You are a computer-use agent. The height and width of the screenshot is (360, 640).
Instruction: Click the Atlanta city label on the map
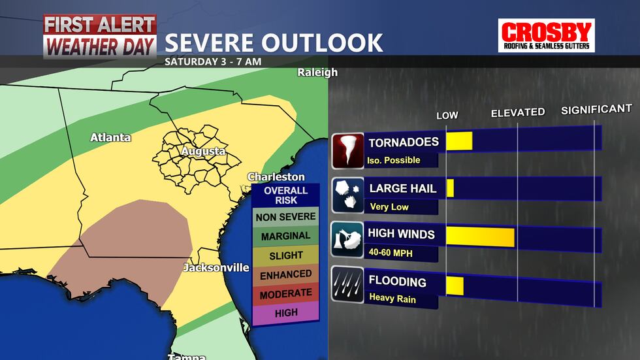[110, 137]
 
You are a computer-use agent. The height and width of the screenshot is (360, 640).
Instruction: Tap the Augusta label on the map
[202, 152]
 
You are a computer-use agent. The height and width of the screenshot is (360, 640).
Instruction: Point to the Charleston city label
[276, 177]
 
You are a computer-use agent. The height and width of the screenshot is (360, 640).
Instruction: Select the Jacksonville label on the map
[216, 268]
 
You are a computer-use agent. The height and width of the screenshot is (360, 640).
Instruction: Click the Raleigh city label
[317, 73]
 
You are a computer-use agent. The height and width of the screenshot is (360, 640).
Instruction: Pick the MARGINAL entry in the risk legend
[285, 236]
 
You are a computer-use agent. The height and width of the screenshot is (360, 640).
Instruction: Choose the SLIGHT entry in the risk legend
[285, 255]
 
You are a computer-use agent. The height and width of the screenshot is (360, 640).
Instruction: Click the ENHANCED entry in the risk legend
[285, 275]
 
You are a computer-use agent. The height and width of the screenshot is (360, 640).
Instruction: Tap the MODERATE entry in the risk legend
[285, 295]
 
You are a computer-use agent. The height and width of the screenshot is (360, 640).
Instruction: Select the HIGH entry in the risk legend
[285, 313]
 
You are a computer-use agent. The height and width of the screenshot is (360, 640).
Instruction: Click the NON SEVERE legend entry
[285, 217]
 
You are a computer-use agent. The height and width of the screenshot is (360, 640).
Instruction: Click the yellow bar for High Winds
[480, 237]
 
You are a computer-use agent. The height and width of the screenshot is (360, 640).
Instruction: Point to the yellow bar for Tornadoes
[458, 141]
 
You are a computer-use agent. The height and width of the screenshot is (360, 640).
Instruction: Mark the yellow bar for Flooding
[455, 286]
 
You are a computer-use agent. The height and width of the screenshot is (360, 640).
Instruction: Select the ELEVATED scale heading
[518, 112]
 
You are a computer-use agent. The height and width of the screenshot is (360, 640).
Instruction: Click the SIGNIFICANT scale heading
[596, 109]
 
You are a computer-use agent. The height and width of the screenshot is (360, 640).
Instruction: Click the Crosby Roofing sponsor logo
[546, 35]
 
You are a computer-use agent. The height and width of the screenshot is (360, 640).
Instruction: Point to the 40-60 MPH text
[389, 252]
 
